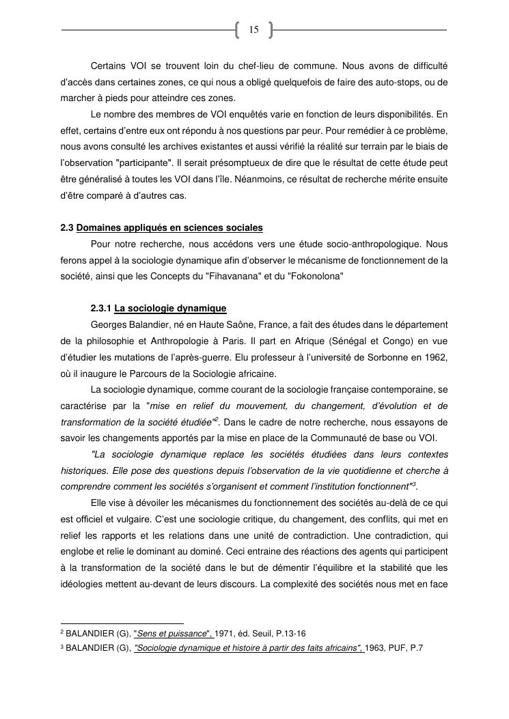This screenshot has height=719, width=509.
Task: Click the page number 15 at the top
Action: pos(253,29)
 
